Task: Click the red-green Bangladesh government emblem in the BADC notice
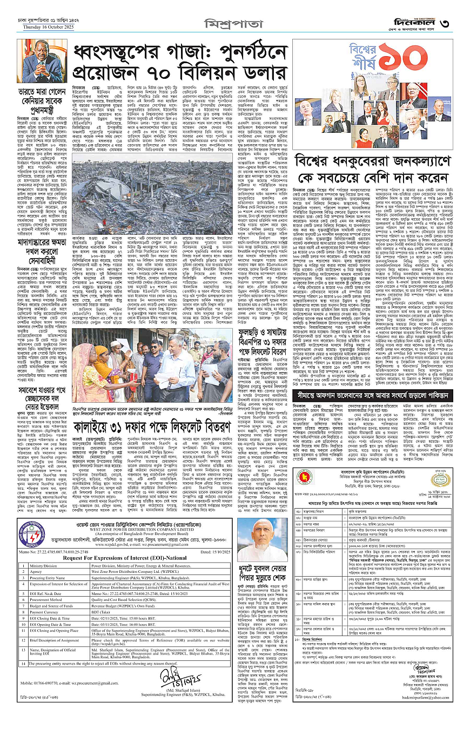(303, 477)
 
